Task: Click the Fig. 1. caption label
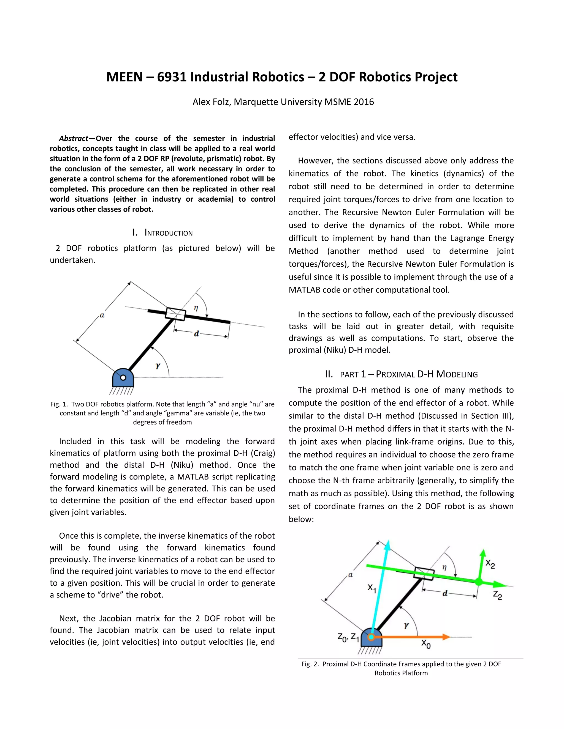[59, 404]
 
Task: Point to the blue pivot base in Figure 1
[123, 379]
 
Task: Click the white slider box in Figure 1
[175, 314]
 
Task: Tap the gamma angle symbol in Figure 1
[158, 366]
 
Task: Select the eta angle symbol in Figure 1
[196, 308]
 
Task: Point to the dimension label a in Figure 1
[102, 315]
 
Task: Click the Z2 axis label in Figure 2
[497, 595]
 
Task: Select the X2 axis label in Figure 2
[490, 564]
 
